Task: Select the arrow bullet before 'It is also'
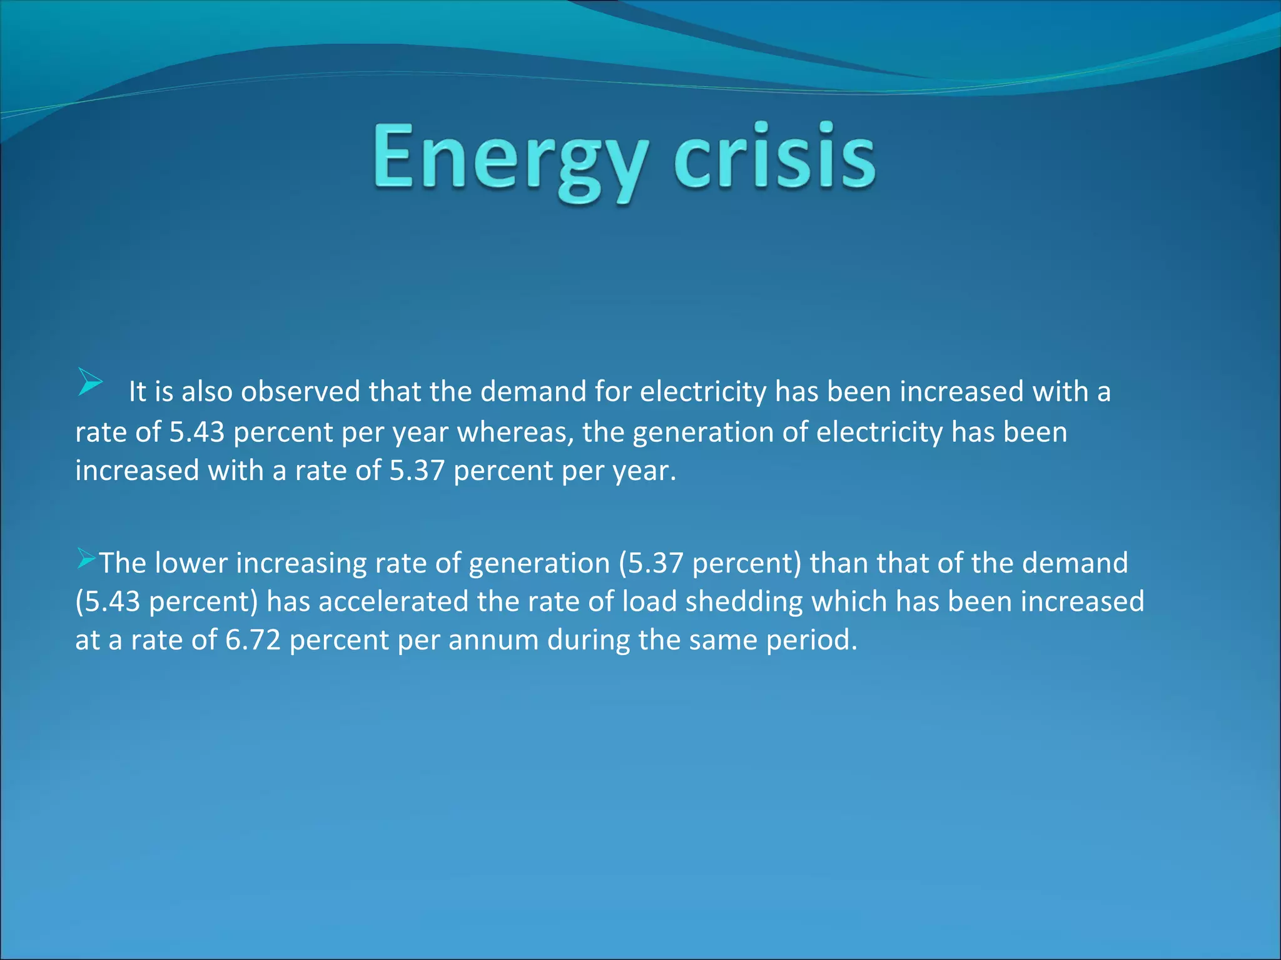tap(90, 382)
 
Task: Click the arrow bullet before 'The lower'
tap(86, 557)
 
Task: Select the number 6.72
tap(253, 640)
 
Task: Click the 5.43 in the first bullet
tap(196, 432)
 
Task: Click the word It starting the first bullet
tap(136, 392)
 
